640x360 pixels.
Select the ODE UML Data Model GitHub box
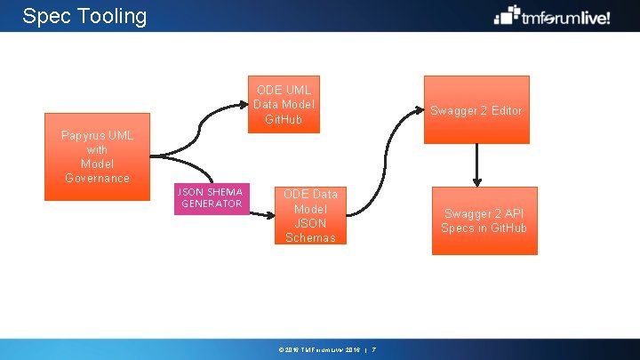284,106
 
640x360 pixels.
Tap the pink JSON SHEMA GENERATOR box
212,199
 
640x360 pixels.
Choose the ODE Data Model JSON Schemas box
311,215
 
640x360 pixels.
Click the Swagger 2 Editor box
476,110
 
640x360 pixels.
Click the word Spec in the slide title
44,16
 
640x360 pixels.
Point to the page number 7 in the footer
374,349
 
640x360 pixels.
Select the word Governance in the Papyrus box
98,178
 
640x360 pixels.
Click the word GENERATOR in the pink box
212,204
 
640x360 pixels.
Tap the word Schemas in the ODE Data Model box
311,237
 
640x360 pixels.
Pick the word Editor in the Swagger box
505,110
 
